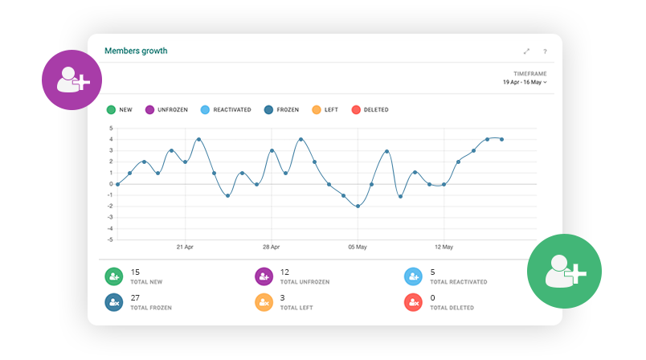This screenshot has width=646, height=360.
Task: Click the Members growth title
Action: [136, 51]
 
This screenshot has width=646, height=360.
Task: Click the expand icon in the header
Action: [526, 51]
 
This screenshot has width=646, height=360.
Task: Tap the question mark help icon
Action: [545, 51]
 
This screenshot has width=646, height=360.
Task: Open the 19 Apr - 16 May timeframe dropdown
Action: [525, 82]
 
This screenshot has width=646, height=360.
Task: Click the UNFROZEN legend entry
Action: [166, 109]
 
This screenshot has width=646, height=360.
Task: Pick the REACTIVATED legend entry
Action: [225, 109]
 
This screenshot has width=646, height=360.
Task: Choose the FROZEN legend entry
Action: [281, 109]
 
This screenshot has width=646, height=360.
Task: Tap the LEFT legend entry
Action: [325, 109]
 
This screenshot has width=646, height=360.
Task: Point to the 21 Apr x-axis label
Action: [185, 247]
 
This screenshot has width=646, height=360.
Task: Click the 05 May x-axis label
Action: [357, 247]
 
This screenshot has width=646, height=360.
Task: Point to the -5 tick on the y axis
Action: [111, 239]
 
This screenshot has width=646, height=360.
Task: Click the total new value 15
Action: [135, 272]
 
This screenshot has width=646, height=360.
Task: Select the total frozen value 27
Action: [135, 297]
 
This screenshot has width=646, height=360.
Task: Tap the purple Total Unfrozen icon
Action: [264, 276]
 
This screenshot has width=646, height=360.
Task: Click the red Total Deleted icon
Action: [413, 302]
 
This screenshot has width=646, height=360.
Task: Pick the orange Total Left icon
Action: [264, 302]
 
